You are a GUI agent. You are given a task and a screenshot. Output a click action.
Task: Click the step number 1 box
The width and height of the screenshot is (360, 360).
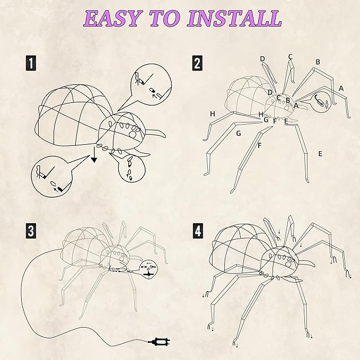coord(32,64)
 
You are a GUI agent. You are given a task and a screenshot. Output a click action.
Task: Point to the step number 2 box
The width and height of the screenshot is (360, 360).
coord(197,64)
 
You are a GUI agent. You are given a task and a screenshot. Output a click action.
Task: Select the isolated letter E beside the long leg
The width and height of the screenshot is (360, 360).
coord(320,154)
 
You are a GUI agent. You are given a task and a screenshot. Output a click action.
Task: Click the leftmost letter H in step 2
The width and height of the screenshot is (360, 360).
coord(212,114)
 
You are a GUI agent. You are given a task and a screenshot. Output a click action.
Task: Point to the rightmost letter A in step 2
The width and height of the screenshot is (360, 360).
coord(341,88)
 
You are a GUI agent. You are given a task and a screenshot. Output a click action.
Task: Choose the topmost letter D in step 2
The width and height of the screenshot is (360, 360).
coord(262,59)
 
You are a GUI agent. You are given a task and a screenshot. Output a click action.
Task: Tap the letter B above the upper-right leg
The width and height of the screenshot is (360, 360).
coord(318,62)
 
